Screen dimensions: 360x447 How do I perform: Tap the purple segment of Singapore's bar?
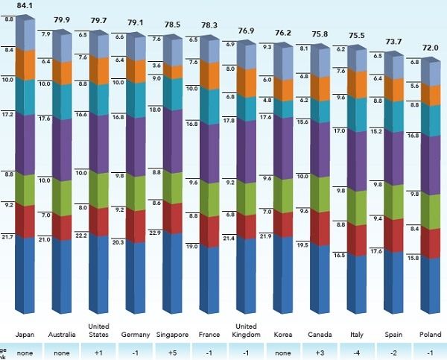tap(172, 140)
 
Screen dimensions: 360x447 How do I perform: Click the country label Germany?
tap(136, 335)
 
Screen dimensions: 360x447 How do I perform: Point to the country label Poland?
tap(431, 335)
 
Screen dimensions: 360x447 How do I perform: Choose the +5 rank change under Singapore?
tap(172, 352)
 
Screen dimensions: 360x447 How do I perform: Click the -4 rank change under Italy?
tap(357, 352)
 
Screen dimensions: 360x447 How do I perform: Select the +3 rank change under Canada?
tap(320, 352)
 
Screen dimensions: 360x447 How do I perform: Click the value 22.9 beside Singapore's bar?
tap(156, 233)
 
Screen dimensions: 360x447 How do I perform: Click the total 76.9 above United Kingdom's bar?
tap(246, 31)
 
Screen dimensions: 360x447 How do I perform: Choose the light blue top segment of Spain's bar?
tap(393, 66)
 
